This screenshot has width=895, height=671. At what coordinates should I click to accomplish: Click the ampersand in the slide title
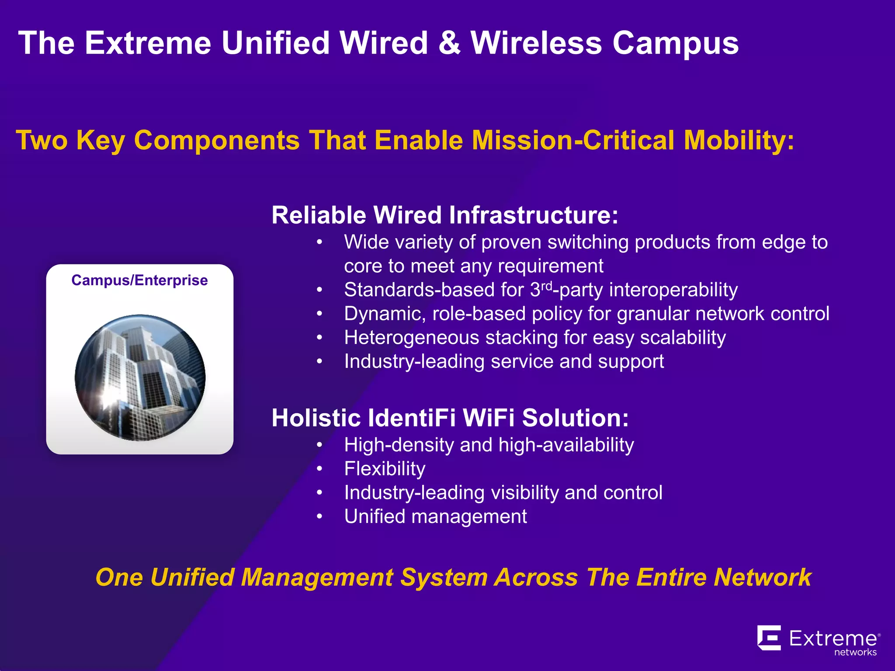tap(449, 43)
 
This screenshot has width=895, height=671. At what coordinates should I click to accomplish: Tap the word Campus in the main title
tap(675, 43)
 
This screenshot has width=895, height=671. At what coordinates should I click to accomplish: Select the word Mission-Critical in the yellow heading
tap(573, 140)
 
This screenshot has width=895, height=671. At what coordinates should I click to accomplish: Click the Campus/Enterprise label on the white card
tap(139, 280)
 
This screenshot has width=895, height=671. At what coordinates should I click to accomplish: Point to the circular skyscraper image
tap(140, 377)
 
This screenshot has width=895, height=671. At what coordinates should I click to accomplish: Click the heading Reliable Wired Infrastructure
tap(444, 215)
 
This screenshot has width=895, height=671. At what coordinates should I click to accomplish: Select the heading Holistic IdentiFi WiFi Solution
tap(450, 418)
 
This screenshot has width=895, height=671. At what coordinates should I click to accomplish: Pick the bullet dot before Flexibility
tap(320, 469)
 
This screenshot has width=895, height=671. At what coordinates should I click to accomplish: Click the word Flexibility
tap(385, 469)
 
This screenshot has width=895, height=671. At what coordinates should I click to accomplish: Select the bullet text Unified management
tap(435, 516)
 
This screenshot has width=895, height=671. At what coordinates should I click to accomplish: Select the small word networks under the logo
tap(855, 652)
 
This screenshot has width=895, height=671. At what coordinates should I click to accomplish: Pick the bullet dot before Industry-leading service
tap(320, 362)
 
